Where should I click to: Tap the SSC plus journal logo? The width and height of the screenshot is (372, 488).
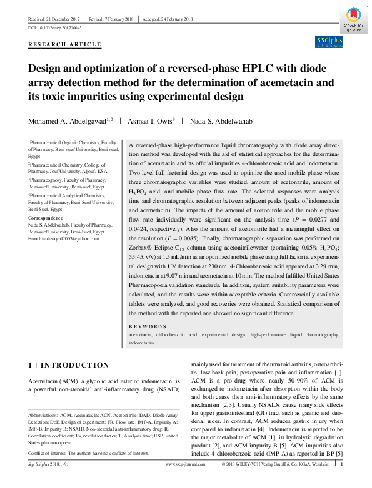click(329, 42)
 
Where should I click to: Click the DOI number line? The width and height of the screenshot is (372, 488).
click(55, 29)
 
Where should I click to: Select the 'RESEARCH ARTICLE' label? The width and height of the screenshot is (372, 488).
click(64, 44)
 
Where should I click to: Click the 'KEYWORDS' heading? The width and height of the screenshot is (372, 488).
click(148, 326)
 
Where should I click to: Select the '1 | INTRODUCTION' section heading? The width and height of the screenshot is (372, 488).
click(69, 365)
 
